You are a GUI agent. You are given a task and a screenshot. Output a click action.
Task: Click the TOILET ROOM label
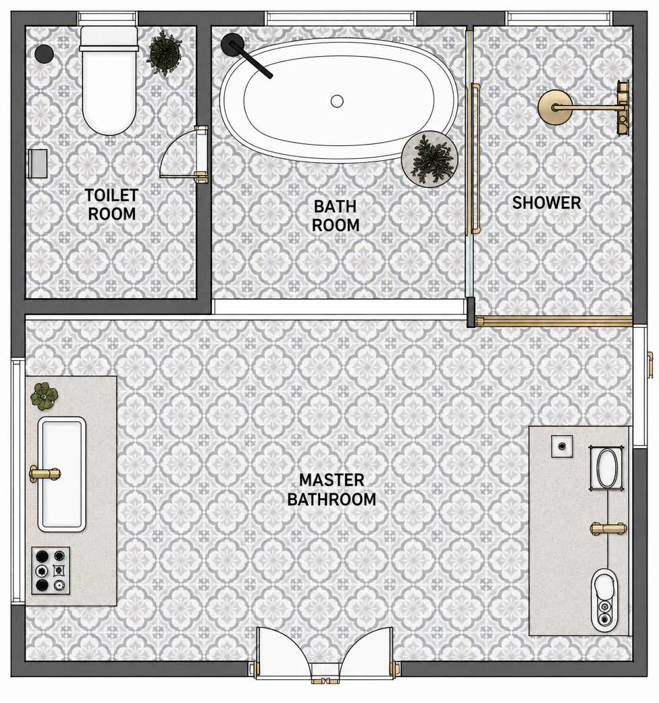(x=111, y=204)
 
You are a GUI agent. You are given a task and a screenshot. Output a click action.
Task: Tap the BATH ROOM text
(x=336, y=215)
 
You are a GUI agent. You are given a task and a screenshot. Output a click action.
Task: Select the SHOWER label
(x=546, y=203)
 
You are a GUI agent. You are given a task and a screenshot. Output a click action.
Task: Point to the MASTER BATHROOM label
(x=332, y=489)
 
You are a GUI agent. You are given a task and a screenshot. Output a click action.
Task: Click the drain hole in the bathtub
(x=337, y=101)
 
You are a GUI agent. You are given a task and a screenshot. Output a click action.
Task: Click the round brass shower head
(x=555, y=107)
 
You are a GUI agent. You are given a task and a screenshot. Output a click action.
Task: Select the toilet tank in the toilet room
(x=108, y=36)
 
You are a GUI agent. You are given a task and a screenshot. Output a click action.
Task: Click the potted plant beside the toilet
(x=165, y=53)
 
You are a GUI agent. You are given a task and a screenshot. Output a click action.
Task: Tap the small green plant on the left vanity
(x=45, y=396)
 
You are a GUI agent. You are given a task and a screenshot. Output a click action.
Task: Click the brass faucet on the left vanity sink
(x=45, y=473)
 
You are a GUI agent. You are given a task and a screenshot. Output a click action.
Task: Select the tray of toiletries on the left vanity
(x=51, y=571)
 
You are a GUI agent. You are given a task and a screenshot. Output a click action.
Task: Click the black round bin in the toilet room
(x=45, y=53)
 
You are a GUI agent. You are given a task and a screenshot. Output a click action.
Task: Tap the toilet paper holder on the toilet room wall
(x=38, y=163)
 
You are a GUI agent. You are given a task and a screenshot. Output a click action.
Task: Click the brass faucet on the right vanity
(x=608, y=529)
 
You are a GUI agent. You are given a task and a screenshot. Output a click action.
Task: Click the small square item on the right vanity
(x=562, y=446)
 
